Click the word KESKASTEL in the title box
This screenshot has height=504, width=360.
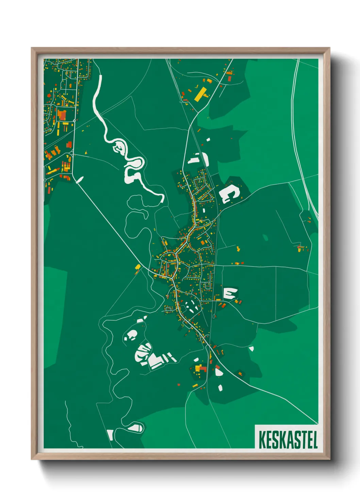pos(288,440)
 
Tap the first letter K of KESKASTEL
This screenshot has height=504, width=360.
pos(262,440)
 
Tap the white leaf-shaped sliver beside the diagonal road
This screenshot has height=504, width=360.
pos(80,179)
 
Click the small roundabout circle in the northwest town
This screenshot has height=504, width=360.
pos(74,120)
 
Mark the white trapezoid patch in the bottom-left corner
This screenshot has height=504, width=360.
pos(110,435)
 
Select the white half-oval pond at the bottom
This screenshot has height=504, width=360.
pos(136,428)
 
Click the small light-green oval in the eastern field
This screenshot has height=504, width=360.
pos(265,237)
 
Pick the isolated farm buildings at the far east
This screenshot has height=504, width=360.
pos(300,248)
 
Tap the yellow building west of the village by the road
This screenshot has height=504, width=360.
pos(138,267)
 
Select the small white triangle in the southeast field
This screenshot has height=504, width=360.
pos(251,348)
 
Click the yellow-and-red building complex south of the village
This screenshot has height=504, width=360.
pos(200,369)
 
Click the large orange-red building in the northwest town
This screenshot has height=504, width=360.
pos(62,115)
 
